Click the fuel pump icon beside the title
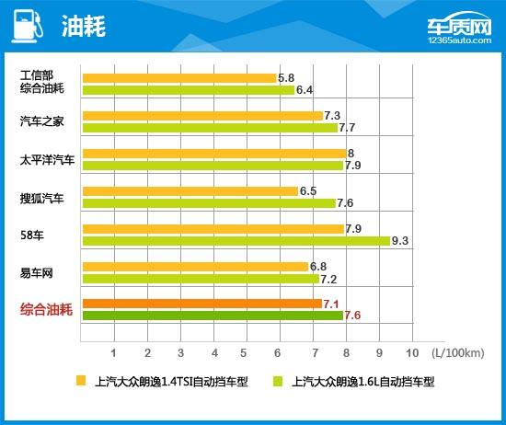(26, 26)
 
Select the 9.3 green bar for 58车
(236, 241)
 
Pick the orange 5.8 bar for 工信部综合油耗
(178, 78)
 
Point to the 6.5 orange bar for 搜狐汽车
(190, 191)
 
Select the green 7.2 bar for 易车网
(201, 279)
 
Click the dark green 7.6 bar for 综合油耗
(212, 316)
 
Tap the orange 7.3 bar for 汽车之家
(202, 116)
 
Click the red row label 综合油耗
(45, 310)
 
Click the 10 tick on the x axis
(410, 352)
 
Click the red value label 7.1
(331, 304)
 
